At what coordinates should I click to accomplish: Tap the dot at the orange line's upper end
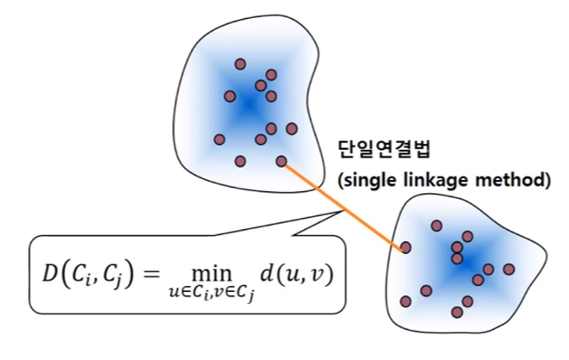[x=281, y=161]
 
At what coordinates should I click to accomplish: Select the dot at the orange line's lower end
[x=405, y=248]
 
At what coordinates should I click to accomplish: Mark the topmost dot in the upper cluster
[x=239, y=64]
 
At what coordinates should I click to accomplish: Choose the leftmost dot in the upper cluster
[x=220, y=139]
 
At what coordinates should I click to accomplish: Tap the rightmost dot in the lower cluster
[x=509, y=269]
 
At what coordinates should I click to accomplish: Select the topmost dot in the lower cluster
[x=437, y=226]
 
